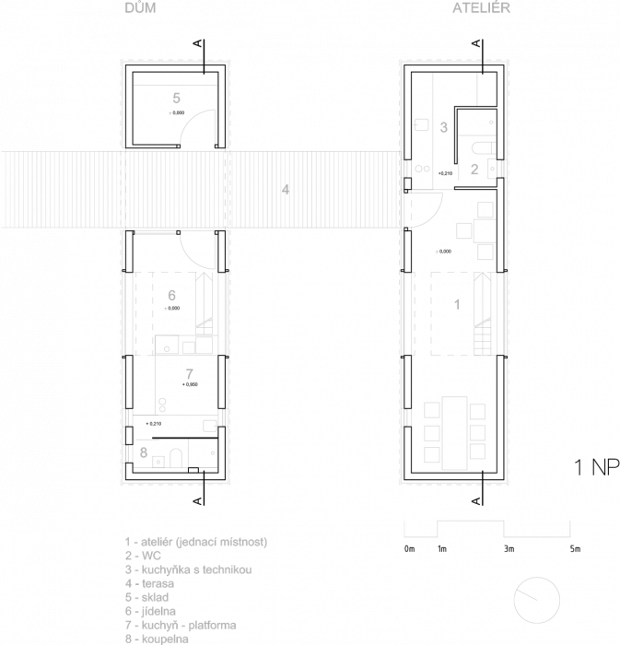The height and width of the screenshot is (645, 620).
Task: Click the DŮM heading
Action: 140,8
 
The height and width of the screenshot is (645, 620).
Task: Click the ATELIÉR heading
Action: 481,8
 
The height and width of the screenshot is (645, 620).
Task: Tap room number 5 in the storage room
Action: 176,97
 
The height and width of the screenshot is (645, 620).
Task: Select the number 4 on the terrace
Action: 287,191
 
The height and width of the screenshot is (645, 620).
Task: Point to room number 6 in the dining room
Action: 172,295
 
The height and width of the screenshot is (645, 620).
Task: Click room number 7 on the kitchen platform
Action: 189,374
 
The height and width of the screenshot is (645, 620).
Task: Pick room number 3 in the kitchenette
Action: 444,127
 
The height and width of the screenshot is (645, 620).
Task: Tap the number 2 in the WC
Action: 474,169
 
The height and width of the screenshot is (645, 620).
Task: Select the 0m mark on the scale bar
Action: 409,549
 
